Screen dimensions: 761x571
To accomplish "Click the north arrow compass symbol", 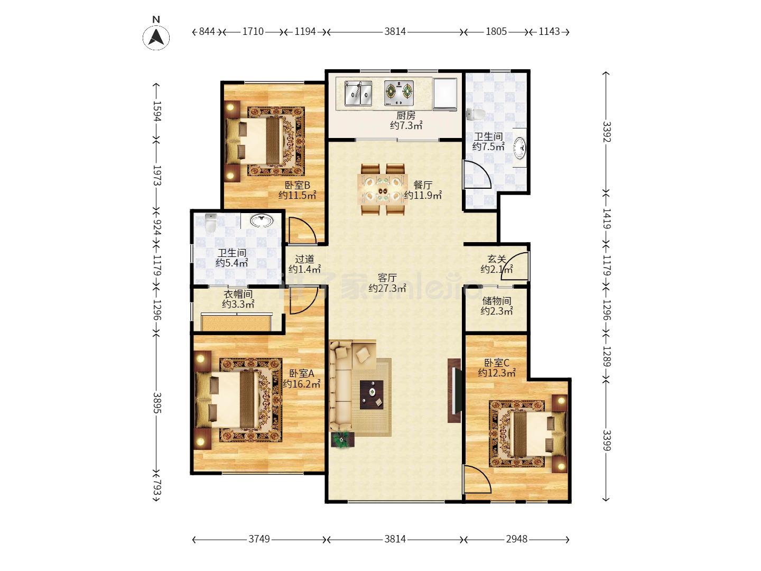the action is click(x=156, y=36).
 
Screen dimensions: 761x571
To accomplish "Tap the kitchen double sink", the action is click(x=358, y=93).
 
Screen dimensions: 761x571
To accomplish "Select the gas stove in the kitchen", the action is click(x=399, y=93).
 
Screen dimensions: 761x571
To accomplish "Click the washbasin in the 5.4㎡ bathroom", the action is click(x=262, y=220).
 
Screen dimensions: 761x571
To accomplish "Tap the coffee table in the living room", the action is click(x=372, y=394).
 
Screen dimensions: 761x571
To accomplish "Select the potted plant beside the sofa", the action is click(x=342, y=439).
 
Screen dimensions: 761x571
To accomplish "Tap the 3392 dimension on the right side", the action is click(x=606, y=132).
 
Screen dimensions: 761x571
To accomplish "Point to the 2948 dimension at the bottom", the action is click(x=516, y=539).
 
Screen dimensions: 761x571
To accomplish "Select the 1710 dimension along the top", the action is click(x=253, y=32).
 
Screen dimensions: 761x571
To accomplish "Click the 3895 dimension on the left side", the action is click(x=157, y=403).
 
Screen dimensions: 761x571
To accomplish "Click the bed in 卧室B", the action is click(x=259, y=141).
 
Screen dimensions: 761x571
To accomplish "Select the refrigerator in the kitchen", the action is click(x=445, y=94).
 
